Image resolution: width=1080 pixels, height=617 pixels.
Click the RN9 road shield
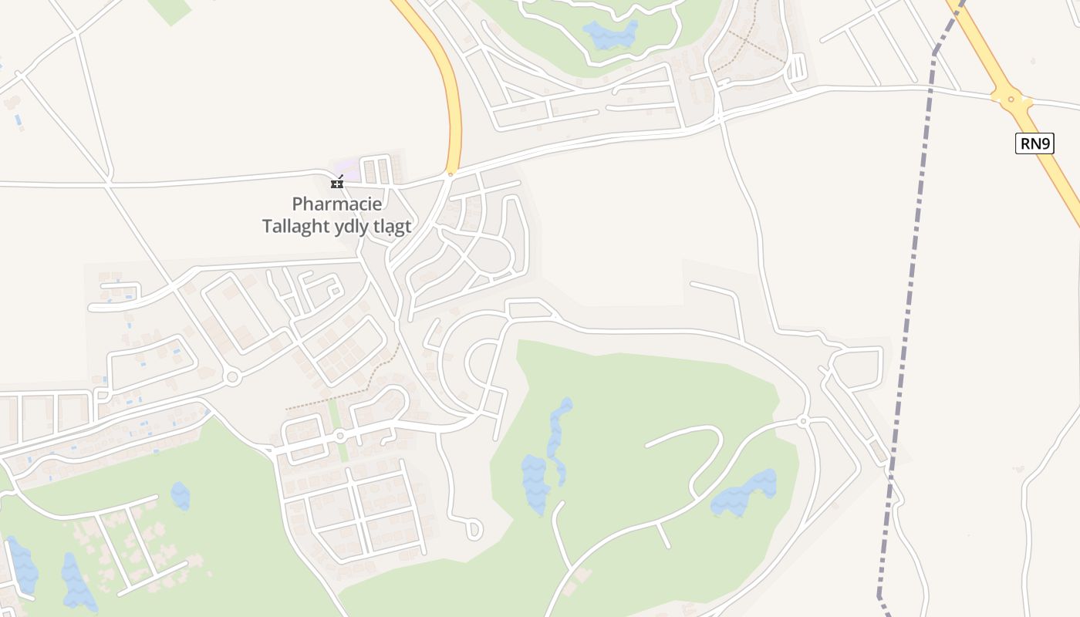1034,143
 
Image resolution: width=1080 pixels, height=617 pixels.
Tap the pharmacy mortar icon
336,183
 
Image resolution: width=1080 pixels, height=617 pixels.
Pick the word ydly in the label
352,227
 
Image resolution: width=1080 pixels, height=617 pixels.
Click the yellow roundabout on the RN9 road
1011,99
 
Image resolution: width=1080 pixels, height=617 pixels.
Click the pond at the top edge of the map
610,34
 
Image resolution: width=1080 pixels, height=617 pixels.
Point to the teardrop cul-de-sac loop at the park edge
474,529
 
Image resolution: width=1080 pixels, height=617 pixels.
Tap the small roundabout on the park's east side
803,421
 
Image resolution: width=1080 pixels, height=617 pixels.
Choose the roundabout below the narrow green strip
339,437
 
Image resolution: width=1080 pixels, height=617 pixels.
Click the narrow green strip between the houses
335,414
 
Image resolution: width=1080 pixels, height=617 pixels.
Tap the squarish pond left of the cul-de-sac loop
180,496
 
